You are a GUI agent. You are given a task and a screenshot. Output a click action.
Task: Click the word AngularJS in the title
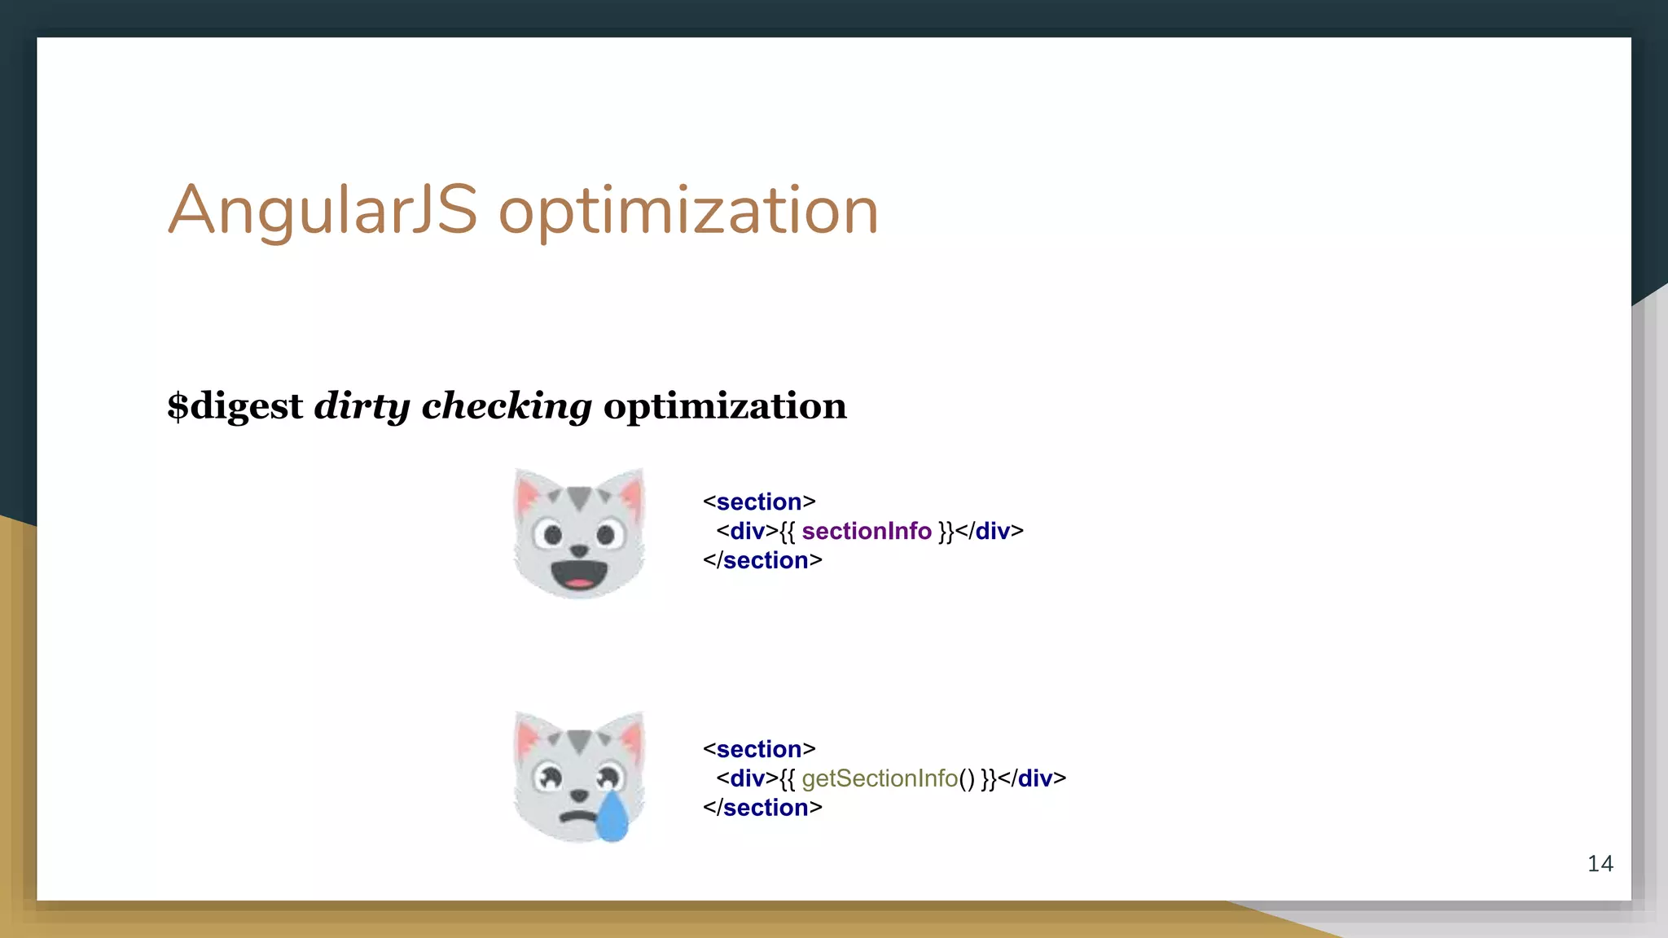323,210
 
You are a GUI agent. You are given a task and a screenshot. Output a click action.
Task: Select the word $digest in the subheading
235,405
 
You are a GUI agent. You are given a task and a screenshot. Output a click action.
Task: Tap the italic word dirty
362,405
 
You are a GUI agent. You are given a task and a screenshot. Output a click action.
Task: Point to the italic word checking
506,405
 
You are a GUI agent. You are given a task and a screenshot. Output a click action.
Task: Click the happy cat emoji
579,533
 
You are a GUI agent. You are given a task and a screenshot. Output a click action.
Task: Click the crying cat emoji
579,776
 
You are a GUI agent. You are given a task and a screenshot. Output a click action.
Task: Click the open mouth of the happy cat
578,573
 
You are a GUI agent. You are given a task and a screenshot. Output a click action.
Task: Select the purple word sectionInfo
866,531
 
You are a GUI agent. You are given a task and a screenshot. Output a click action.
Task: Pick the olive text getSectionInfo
880,778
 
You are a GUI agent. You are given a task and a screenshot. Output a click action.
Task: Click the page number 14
1600,864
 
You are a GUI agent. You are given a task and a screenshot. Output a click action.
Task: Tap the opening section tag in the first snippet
759,502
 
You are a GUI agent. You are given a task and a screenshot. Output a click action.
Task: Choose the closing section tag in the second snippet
762,808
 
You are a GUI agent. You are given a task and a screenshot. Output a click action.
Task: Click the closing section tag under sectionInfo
762,560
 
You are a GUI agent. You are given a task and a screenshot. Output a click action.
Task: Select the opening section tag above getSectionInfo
759,749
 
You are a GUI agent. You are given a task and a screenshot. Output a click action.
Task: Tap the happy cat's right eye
606,535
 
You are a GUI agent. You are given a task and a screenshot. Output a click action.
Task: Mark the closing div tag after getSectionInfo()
1032,778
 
